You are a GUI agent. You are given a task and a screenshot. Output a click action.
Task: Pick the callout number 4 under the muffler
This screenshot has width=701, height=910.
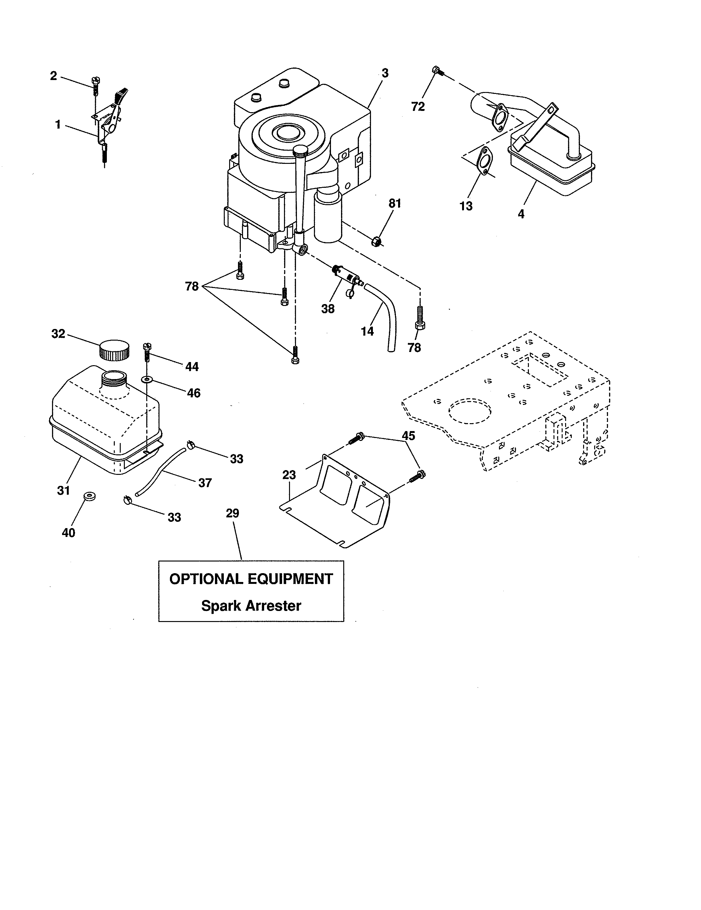[x=520, y=214]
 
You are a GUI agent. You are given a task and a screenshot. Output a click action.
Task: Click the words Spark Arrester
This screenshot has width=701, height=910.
[x=251, y=605]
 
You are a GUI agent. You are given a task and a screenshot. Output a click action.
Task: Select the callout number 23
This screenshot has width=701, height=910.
[x=289, y=475]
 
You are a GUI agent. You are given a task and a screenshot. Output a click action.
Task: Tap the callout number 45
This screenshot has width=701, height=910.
[x=408, y=436]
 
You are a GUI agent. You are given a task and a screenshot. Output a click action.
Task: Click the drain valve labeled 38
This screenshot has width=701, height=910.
[x=345, y=275]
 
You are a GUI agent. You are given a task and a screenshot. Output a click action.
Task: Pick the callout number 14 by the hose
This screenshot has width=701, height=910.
[x=367, y=332]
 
